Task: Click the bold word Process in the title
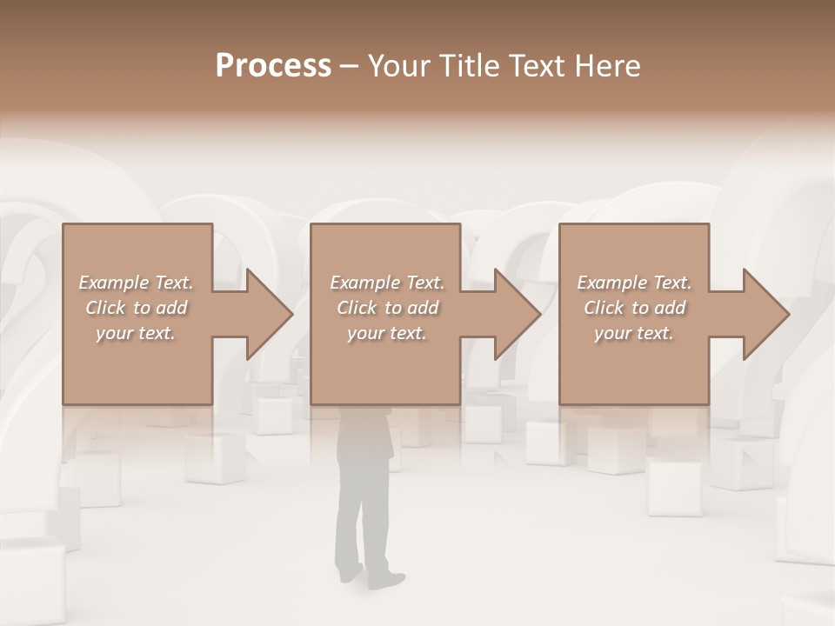tap(273, 66)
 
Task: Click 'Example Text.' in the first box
tap(136, 283)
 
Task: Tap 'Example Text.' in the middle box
tap(387, 283)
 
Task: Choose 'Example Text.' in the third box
tap(634, 283)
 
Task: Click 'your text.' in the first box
tap(136, 333)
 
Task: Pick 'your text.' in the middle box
tap(387, 333)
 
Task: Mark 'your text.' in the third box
tap(634, 333)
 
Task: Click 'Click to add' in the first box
tap(136, 308)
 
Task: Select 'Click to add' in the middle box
tap(387, 308)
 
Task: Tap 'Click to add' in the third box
tap(634, 308)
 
